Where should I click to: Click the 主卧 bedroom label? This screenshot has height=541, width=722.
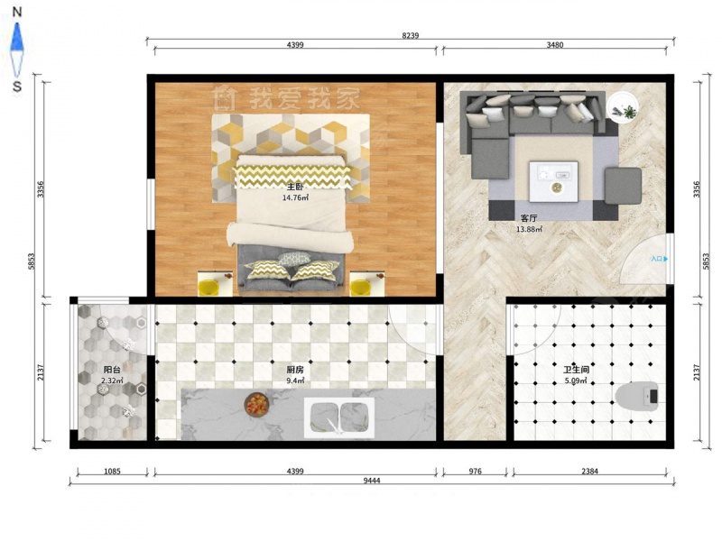pos(295,187)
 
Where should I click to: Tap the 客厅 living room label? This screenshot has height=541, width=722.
pos(529,218)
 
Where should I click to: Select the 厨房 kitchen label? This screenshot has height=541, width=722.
pos(295,370)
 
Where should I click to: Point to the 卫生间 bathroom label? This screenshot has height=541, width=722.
pos(576,370)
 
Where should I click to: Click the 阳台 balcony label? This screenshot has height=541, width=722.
pos(112,370)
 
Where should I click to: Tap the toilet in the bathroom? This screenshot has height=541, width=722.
pos(637,395)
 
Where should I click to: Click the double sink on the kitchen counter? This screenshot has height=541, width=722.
pos(339,417)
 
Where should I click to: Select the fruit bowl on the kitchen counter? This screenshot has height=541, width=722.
pos(256,404)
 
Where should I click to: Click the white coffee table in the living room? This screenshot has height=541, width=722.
pos(553,182)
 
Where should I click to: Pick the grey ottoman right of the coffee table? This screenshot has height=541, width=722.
pos(623,186)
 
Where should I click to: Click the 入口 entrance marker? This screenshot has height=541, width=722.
pos(659,259)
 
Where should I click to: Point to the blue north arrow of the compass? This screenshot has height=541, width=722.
pos(16,37)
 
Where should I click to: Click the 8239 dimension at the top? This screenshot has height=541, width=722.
pos(411,35)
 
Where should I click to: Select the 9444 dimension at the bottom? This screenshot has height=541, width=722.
pos(372,481)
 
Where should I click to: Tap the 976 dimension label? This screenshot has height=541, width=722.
pos(475,471)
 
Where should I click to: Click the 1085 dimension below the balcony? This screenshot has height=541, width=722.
pos(112,471)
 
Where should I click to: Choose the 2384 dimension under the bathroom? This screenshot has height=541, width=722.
pos(589,471)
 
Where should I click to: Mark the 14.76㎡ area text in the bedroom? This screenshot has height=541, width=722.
pos(295,197)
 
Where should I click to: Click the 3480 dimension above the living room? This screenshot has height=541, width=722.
pos(554,44)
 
